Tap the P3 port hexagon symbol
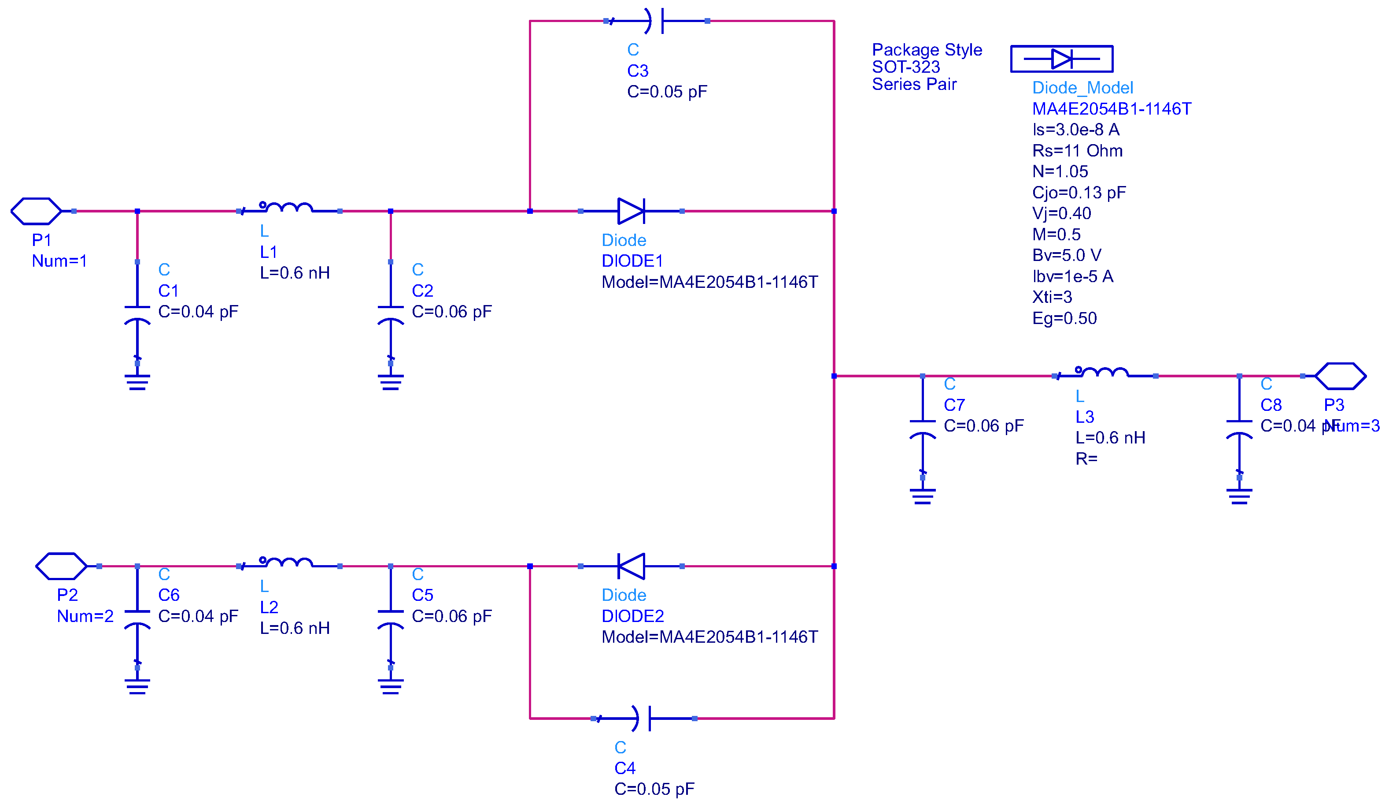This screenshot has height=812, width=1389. click(1340, 376)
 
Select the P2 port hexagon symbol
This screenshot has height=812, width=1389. click(61, 566)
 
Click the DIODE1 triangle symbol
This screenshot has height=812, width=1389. click(631, 211)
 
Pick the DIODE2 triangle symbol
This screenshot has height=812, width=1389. click(631, 566)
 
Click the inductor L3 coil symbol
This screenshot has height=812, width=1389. click(1104, 373)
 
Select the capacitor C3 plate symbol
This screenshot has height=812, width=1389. click(657, 21)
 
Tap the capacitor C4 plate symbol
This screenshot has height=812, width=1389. click(644, 718)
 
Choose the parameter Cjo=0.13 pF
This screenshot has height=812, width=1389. click(1078, 193)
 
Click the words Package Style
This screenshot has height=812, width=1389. click(927, 50)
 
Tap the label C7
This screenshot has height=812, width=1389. click(953, 405)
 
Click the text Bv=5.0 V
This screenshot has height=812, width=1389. click(1066, 255)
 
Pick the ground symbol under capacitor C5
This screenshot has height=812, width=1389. click(390, 686)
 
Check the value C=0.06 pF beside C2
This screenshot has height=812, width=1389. click(451, 312)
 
